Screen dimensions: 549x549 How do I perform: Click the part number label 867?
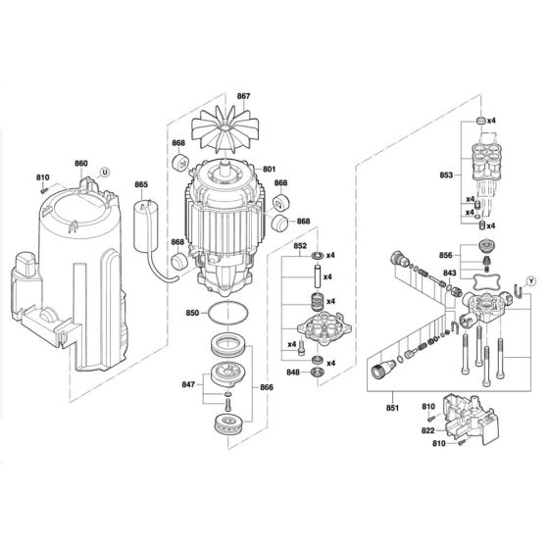tap(244, 95)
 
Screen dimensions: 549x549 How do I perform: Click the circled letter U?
tap(106, 171)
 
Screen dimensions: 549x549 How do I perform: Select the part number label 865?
tap(141, 185)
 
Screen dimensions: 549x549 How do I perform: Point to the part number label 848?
tap(291, 373)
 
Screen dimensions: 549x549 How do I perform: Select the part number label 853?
tap(447, 175)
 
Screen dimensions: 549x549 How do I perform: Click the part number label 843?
tap(447, 274)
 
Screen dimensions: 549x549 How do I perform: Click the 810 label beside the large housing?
tap(42, 177)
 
